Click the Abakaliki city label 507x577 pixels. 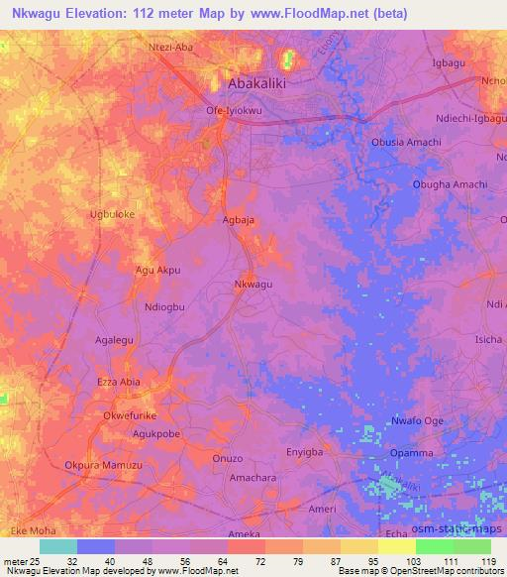[256, 84]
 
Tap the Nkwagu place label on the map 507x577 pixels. [253, 285]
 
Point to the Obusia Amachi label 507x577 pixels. [405, 143]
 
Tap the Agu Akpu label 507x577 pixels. [157, 269]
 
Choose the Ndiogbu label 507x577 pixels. [164, 307]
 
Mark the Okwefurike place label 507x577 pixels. [131, 416]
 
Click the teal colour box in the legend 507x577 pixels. [57, 545]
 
